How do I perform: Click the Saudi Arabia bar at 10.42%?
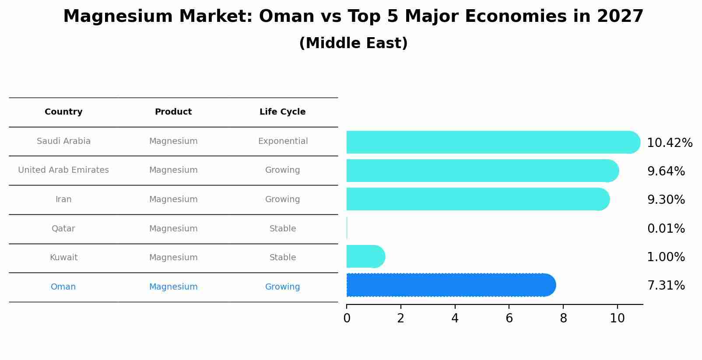coord(490,142)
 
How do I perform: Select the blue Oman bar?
coord(451,285)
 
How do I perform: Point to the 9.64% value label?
coord(666,171)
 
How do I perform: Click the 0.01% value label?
coord(666,229)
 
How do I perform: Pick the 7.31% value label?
coord(666,286)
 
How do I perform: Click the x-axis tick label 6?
coord(509,318)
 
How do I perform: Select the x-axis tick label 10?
coord(617,318)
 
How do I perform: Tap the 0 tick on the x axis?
coord(347,318)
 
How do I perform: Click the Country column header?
coord(63,112)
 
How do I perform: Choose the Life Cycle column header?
coord(282,112)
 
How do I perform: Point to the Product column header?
coord(173,112)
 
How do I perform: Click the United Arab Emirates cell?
coord(63,170)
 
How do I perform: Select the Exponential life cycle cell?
coord(283,141)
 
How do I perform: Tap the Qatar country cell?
coord(63,229)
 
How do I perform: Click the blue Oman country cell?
coord(63,287)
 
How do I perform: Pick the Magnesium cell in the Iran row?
coord(173,199)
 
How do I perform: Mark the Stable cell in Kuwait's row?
coord(283,258)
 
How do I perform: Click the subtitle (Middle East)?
coord(353,43)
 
